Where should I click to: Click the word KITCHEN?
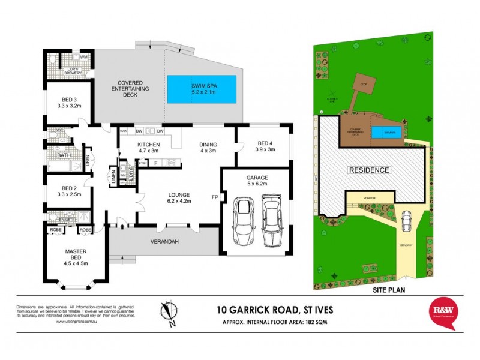click(148, 145)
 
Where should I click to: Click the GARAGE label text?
click(257, 178)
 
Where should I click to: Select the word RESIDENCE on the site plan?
click(369, 170)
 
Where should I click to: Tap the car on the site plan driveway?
click(406, 221)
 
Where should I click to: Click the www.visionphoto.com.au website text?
click(78, 322)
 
